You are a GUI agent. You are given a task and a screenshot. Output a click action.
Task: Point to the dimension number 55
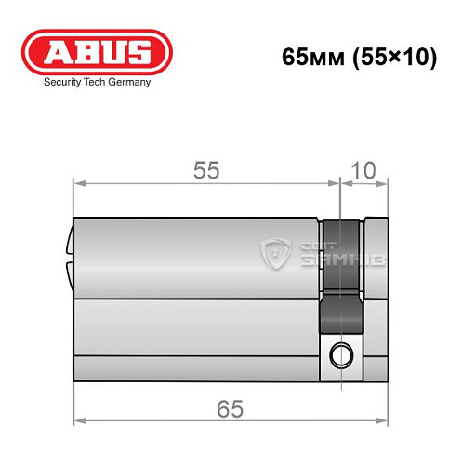pyautogui.click(x=206, y=169)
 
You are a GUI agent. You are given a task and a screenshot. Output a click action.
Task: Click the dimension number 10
pyautogui.click(x=365, y=169)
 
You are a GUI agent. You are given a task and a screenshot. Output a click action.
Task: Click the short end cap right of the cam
pyautogui.click(x=376, y=298)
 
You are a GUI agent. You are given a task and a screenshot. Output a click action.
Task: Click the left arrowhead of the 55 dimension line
pyautogui.click(x=79, y=182)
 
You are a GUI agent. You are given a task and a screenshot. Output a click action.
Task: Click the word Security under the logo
pyautogui.click(x=60, y=82)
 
